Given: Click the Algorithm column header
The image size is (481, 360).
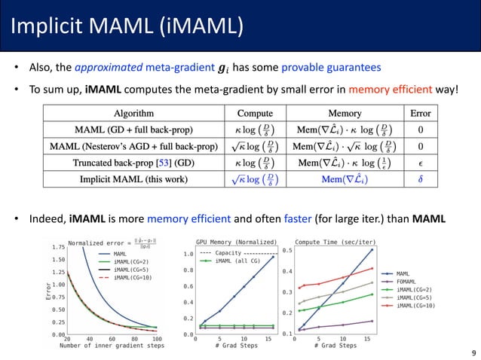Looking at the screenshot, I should [132, 114].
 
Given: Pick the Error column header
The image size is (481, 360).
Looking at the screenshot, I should [420, 114].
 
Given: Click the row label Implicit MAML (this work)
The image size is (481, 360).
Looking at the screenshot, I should [132, 179].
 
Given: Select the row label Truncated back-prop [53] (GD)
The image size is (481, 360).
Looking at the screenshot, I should [132, 161].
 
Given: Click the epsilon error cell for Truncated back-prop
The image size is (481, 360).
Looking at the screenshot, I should [420, 161].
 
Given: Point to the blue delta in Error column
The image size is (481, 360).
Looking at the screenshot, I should [420, 179].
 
